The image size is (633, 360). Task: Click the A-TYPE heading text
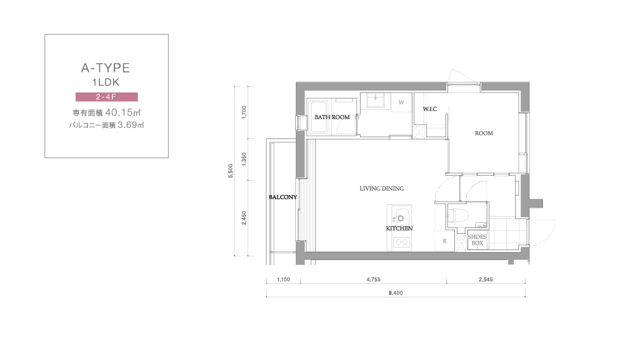pyautogui.click(x=105, y=68)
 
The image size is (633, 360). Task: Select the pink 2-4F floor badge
pyautogui.click(x=107, y=97)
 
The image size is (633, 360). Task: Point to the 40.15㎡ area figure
pyautogui.click(x=123, y=112)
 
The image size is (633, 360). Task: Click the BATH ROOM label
pyautogui.click(x=332, y=117)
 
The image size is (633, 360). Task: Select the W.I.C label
pyautogui.click(x=429, y=109)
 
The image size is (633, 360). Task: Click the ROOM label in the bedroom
pyautogui.click(x=483, y=133)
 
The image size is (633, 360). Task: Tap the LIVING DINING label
pyautogui.click(x=382, y=189)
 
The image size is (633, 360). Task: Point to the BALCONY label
pyautogui.click(x=282, y=197)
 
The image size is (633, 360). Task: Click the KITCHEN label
pyautogui.click(x=399, y=228)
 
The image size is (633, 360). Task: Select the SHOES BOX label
pyautogui.click(x=477, y=240)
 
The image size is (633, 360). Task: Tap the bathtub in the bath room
pyautogui.click(x=320, y=117)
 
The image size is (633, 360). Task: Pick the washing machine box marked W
pyautogui.click(x=402, y=102)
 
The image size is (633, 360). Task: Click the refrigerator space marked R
pyautogui.click(x=444, y=241)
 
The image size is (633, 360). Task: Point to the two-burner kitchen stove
pyautogui.click(x=402, y=242)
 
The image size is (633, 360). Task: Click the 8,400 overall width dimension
pyautogui.click(x=396, y=293)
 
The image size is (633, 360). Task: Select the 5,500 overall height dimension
pyautogui.click(x=230, y=171)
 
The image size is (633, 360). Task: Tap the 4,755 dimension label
pyautogui.click(x=374, y=279)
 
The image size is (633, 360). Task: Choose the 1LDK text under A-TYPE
pyautogui.click(x=105, y=83)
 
